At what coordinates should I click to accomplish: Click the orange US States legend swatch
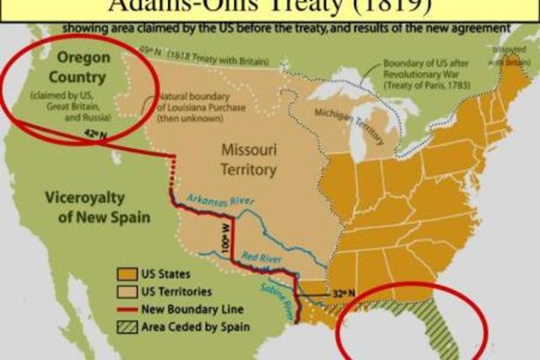tap(128, 274)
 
